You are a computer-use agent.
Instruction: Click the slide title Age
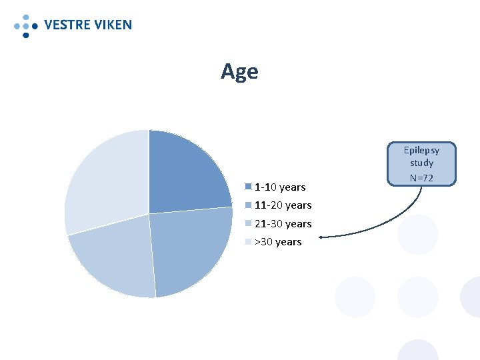[239, 71]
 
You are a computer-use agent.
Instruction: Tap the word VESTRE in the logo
[67, 25]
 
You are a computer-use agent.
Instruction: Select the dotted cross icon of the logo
[25, 25]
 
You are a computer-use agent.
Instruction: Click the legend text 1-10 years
[280, 187]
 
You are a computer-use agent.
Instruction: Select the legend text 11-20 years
[283, 205]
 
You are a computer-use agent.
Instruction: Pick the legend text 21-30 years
[283, 224]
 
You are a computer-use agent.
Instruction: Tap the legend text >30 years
[279, 242]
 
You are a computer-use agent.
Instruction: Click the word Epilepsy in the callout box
[422, 150]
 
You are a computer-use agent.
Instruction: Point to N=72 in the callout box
[422, 178]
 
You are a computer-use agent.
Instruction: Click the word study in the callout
[422, 163]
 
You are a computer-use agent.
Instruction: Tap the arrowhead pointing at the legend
[323, 236]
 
